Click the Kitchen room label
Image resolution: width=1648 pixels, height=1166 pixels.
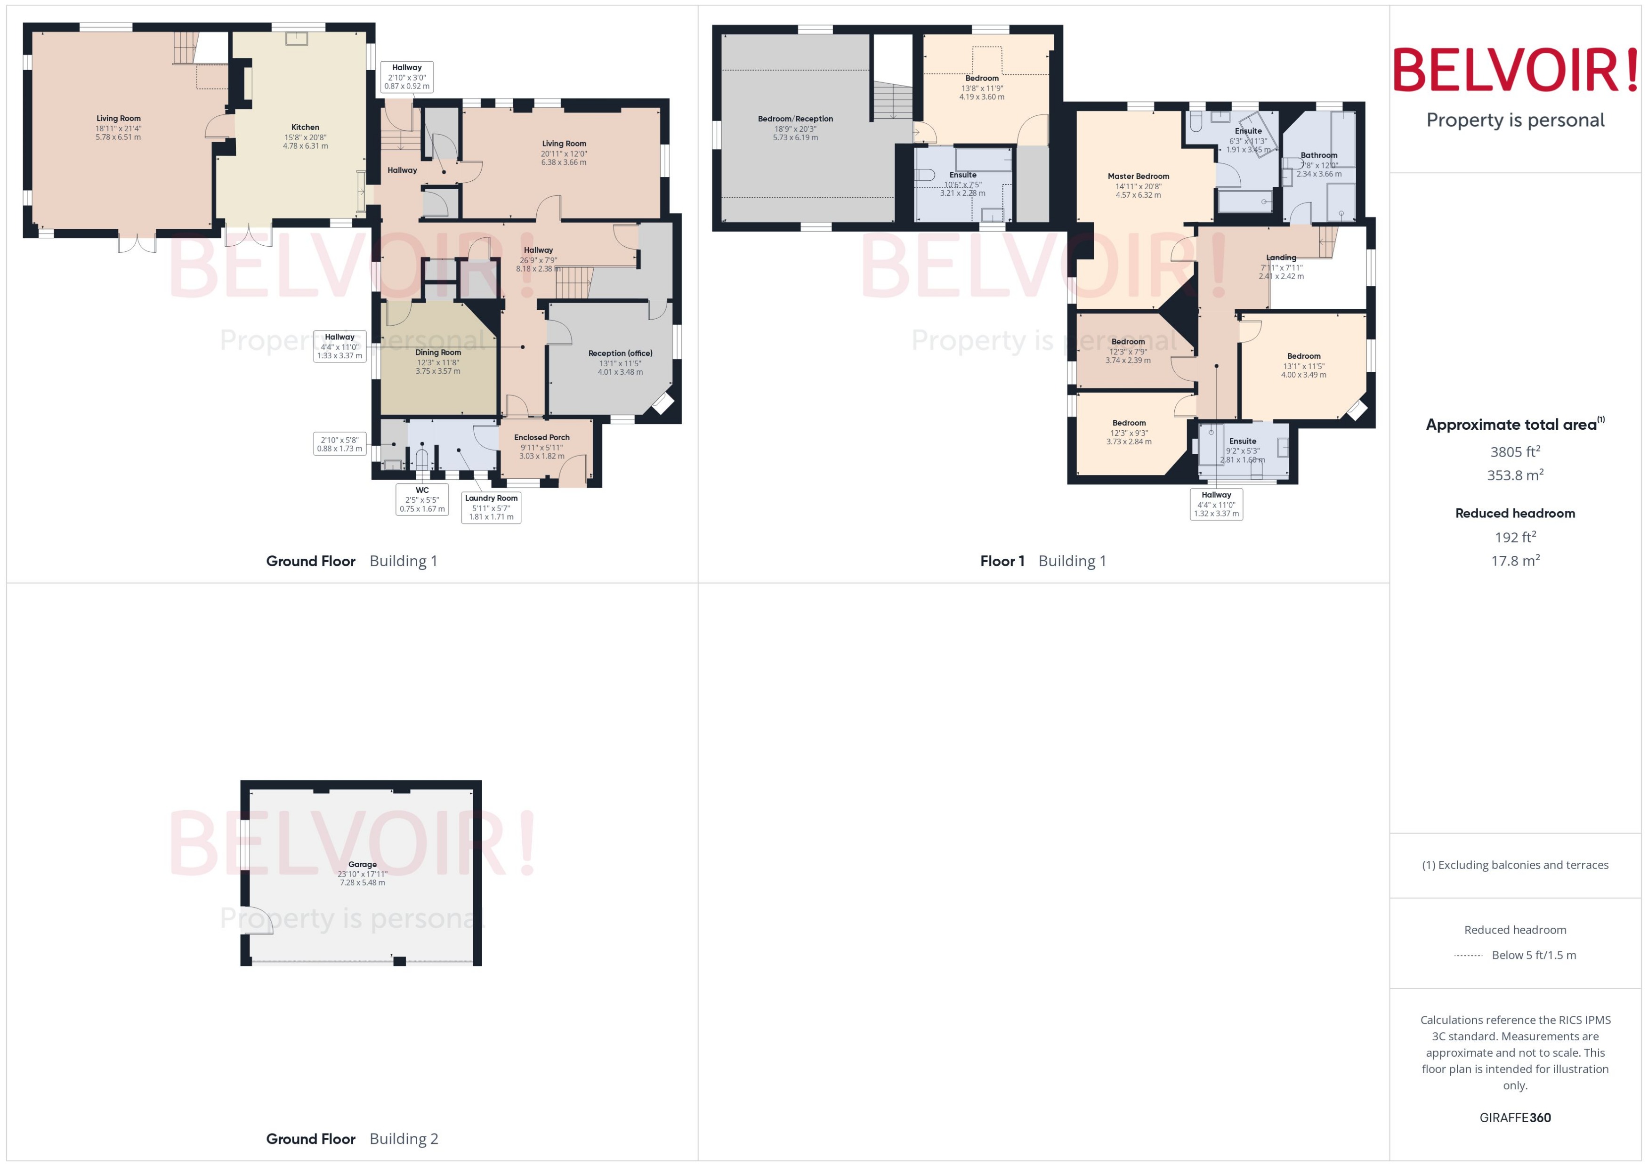click(x=305, y=128)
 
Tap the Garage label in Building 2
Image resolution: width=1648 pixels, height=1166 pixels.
click(x=362, y=864)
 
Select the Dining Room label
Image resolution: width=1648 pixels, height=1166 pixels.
click(x=437, y=353)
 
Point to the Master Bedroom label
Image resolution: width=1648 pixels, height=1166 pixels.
click(x=1138, y=177)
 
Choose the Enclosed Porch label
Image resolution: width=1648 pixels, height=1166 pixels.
click(x=541, y=437)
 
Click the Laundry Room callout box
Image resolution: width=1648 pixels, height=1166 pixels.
click(x=491, y=507)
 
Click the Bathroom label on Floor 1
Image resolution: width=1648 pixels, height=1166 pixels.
click(x=1318, y=155)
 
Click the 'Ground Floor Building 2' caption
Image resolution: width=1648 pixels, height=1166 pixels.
click(x=352, y=1139)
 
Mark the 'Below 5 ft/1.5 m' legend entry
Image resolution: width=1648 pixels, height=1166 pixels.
click(x=1533, y=955)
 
